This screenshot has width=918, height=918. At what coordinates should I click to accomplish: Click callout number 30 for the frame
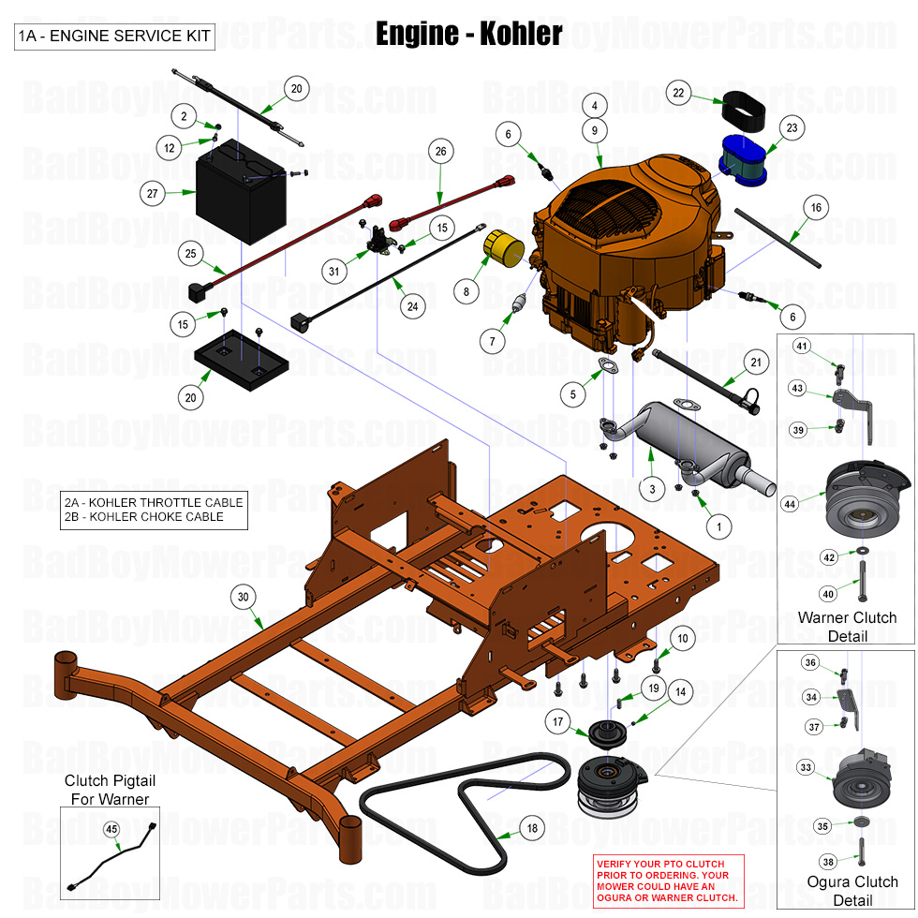click(x=244, y=597)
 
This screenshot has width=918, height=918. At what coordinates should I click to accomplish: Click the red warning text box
click(x=667, y=880)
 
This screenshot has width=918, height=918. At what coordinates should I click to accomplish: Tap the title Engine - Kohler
click(x=468, y=34)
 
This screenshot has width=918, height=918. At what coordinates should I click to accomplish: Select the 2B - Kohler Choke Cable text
click(x=144, y=516)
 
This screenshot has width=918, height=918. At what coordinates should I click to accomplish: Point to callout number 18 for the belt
click(x=532, y=828)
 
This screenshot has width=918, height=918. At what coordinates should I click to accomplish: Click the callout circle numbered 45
click(x=111, y=829)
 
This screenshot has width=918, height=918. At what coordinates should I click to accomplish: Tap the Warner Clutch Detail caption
click(x=847, y=627)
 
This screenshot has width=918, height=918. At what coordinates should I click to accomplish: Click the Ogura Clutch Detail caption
click(x=851, y=891)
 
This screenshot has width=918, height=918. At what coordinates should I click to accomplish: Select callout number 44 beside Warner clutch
click(x=791, y=503)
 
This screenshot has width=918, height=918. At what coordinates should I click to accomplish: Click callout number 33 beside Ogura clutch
click(x=806, y=767)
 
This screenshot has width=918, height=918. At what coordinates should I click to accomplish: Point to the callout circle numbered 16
click(x=816, y=207)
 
